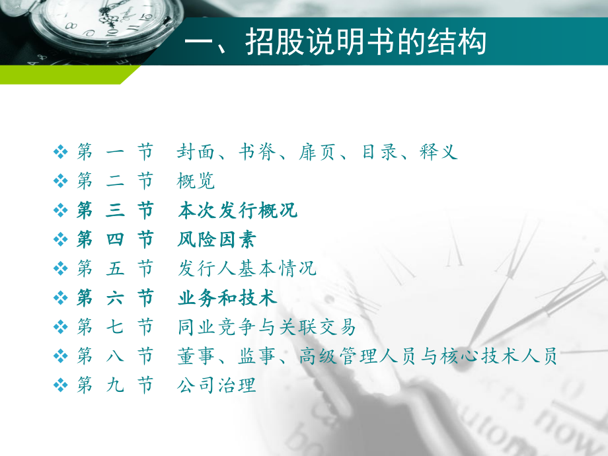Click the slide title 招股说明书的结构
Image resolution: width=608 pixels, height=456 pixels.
click(x=365, y=42)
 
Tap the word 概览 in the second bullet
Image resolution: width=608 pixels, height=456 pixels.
click(x=196, y=181)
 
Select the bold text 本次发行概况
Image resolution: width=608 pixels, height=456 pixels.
click(x=238, y=211)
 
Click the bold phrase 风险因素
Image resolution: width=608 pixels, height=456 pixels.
click(x=217, y=239)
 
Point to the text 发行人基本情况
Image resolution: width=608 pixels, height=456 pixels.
click(x=247, y=268)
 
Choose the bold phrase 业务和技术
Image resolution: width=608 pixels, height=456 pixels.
click(x=227, y=298)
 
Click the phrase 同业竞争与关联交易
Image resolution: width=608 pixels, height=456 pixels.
click(x=267, y=326)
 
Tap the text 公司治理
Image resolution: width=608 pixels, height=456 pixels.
click(x=217, y=385)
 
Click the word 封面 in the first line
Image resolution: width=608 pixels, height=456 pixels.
click(x=196, y=153)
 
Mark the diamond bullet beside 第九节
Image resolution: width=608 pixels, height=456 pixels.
click(x=60, y=385)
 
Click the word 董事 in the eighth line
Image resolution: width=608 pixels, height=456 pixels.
click(x=196, y=356)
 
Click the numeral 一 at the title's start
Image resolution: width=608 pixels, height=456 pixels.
click(x=199, y=42)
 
